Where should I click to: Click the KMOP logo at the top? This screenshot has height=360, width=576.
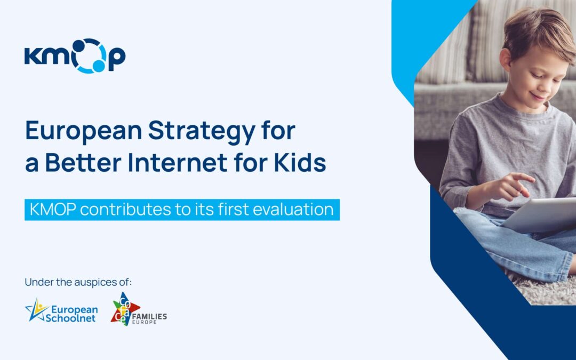pyautogui.click(x=75, y=55)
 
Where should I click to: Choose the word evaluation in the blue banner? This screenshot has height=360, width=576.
pyautogui.click(x=293, y=209)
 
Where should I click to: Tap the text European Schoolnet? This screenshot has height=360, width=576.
pyautogui.click(x=74, y=314)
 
